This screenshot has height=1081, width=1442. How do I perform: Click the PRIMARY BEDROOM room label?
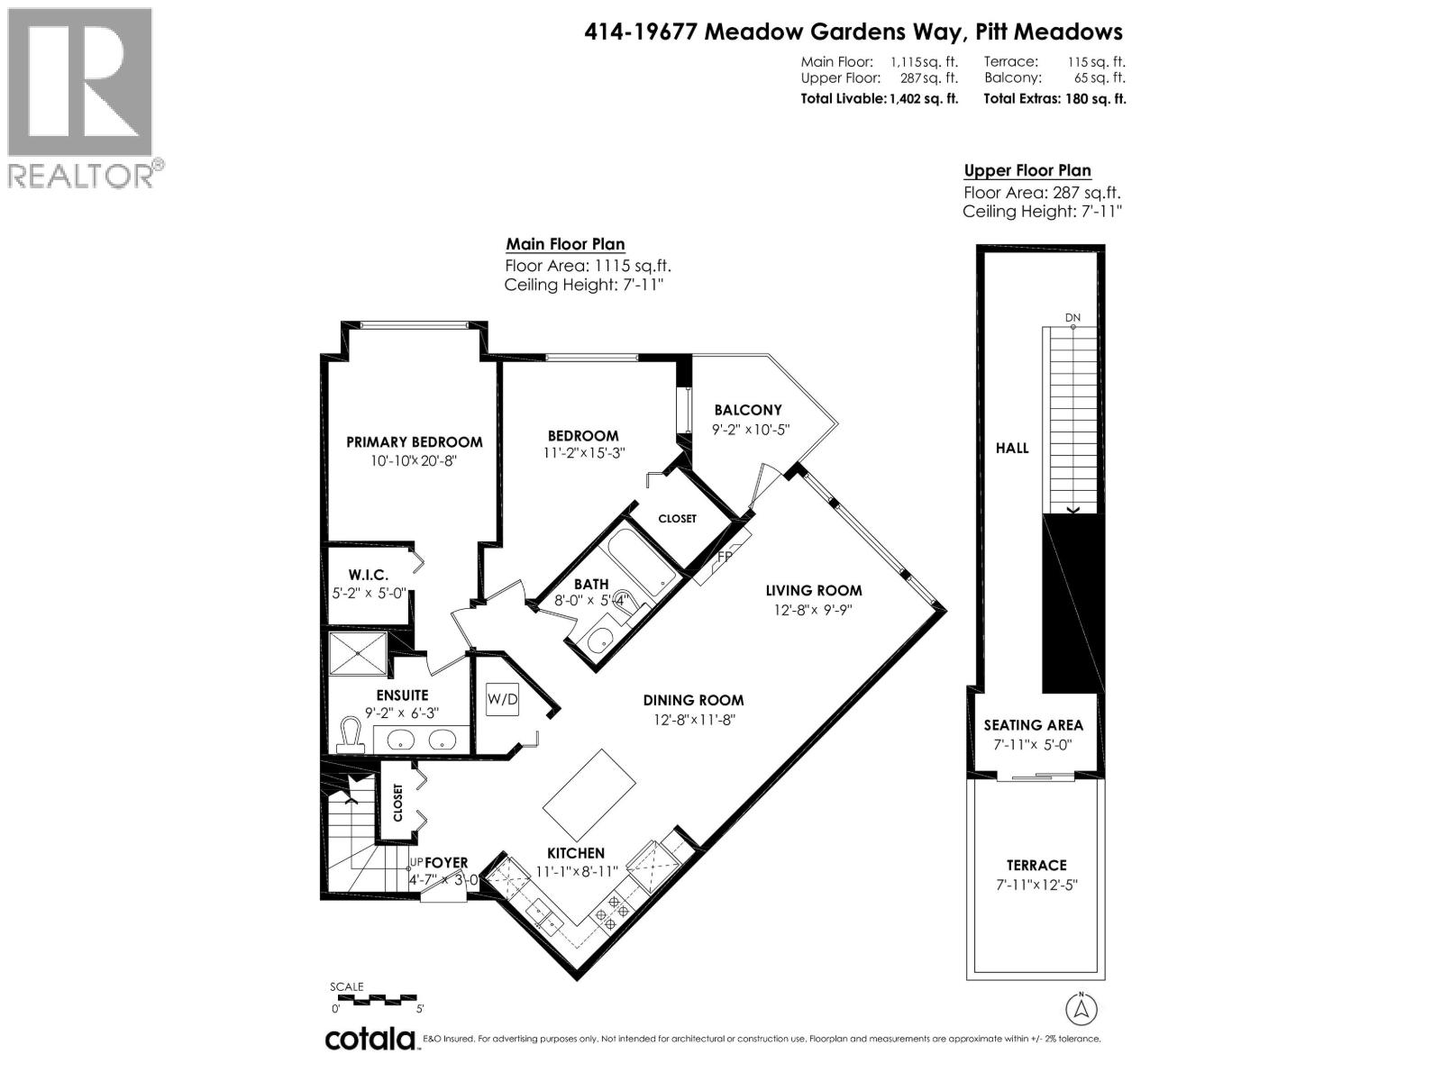[414, 441]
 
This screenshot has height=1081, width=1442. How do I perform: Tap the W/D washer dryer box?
[502, 699]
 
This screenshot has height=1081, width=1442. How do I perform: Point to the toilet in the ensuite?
[348, 734]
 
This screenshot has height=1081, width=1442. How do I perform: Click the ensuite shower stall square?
[357, 653]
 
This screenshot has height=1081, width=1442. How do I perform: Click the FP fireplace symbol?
[723, 558]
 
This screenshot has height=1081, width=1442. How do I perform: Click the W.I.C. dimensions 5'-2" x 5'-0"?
[368, 594]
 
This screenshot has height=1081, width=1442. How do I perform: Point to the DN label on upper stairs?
[1072, 318]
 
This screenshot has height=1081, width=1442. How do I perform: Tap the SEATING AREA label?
[1033, 725]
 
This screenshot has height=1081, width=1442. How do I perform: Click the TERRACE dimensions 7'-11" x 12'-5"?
[1036, 885]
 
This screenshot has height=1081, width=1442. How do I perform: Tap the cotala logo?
[370, 1039]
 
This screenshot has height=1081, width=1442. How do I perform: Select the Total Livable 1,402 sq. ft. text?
[879, 99]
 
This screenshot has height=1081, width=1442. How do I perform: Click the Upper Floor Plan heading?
[1027, 170]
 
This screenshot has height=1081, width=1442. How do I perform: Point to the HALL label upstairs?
[1011, 448]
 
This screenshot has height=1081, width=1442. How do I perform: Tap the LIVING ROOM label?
[813, 591]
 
